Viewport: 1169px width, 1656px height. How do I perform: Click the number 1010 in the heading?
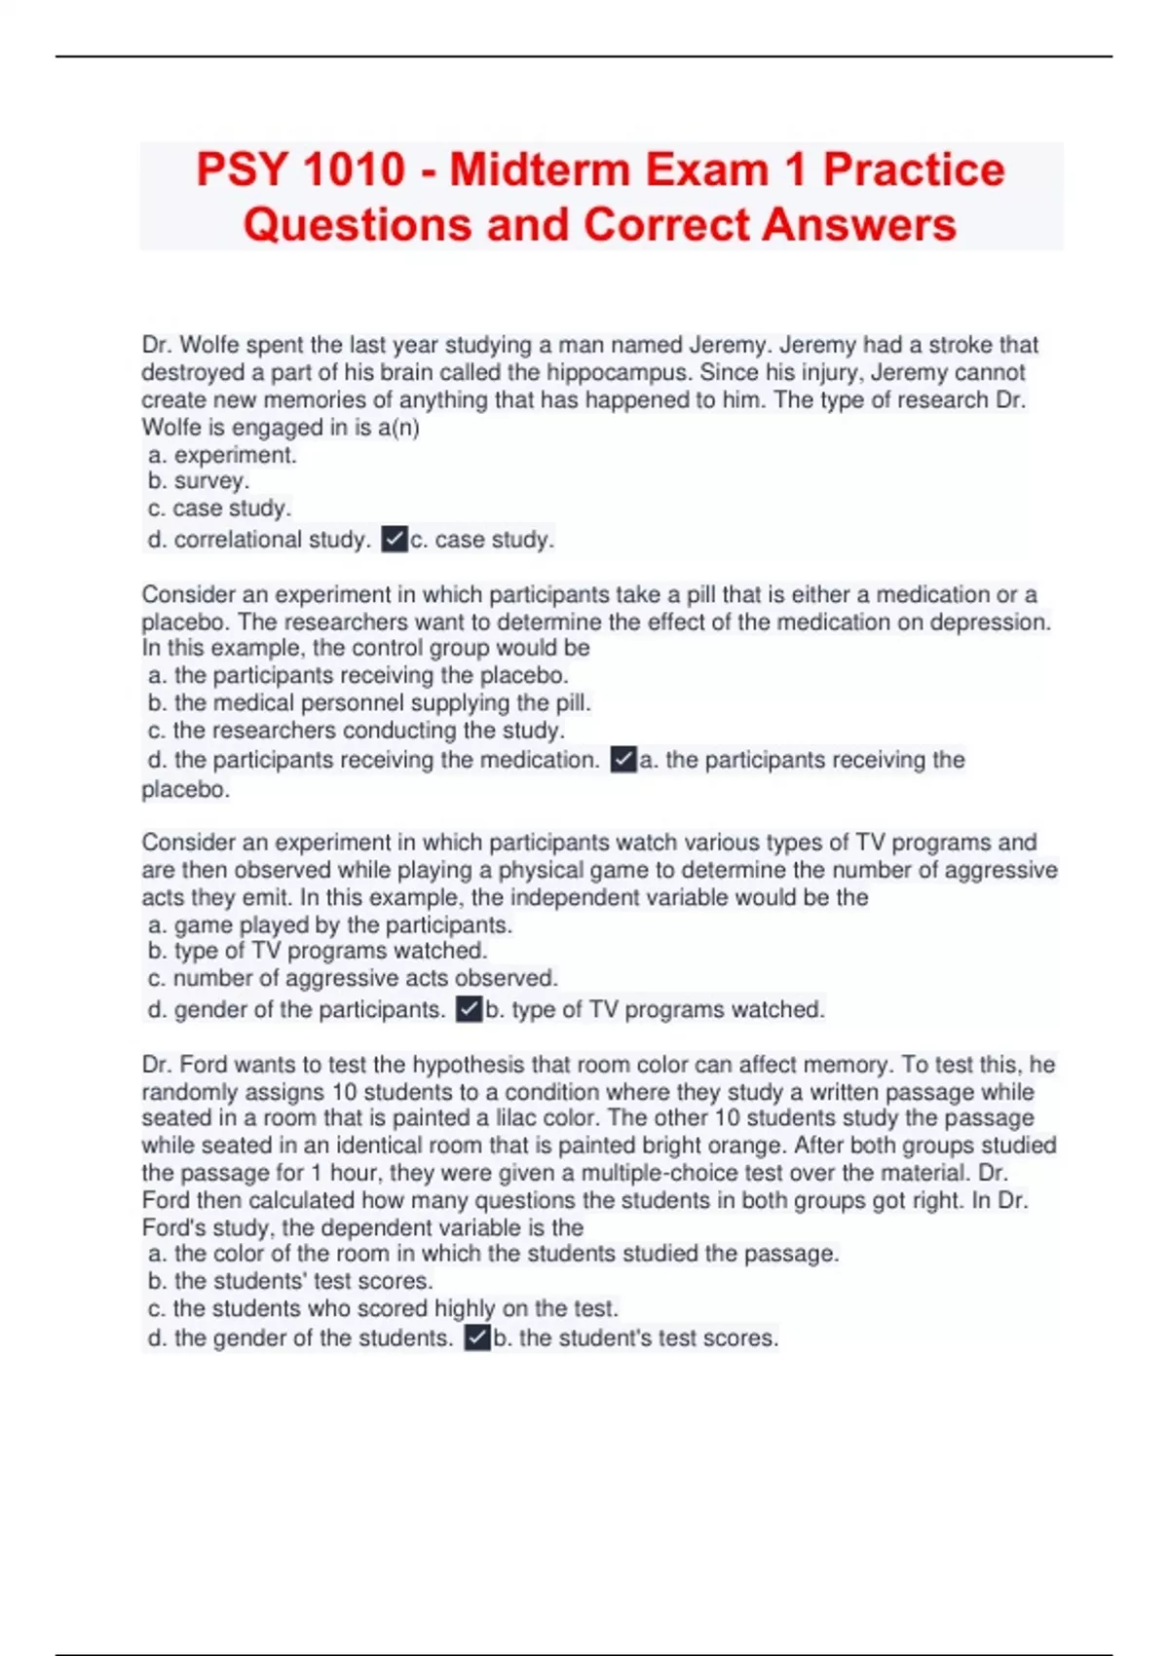[x=354, y=169]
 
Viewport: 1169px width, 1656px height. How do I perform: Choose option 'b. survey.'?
[x=199, y=480]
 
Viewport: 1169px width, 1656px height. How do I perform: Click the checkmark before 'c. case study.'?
[x=395, y=539]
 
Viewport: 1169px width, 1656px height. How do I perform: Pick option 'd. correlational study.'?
[x=258, y=539]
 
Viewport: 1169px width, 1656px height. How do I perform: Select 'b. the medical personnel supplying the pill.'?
[x=369, y=702]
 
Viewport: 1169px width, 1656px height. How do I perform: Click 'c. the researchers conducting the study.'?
[x=357, y=730]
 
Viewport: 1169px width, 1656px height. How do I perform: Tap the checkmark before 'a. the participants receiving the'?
[x=623, y=760]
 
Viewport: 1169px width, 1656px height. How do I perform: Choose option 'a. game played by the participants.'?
[x=330, y=924]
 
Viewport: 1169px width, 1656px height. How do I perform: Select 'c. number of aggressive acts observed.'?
[x=353, y=977]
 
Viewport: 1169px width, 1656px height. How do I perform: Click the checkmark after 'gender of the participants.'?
[x=470, y=1009]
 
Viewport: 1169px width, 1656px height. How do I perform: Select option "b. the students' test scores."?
[x=290, y=1280]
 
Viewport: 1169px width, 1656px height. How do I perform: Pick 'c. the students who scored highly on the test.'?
[x=383, y=1307]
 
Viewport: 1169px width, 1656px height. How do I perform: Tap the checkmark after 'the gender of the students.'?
[x=477, y=1338]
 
